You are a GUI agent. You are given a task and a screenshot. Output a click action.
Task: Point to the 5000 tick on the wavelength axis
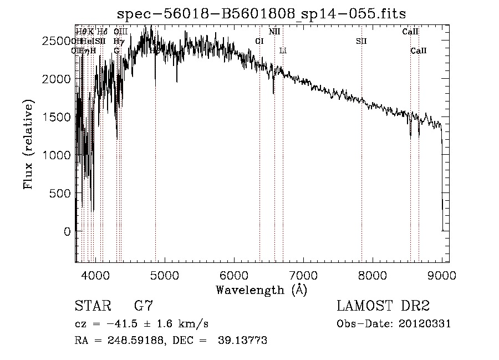tap(164, 274)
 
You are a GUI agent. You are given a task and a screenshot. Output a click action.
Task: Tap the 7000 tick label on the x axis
tap(303, 274)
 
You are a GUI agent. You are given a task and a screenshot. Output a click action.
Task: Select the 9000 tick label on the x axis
tap(442, 274)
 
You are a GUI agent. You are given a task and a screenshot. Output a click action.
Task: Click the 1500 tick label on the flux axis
tap(59, 117)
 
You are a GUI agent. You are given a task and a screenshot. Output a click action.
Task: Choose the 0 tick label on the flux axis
tap(67, 232)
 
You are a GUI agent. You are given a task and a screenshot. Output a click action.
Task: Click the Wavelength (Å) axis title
tap(261, 290)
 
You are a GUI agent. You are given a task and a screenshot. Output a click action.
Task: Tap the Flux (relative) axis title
tap(28, 144)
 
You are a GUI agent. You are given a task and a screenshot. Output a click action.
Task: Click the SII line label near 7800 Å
tap(361, 41)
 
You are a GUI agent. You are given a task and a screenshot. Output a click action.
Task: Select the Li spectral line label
tap(283, 50)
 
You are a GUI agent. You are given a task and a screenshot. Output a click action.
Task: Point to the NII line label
tap(274, 32)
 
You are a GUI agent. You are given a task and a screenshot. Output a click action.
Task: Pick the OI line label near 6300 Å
tap(259, 41)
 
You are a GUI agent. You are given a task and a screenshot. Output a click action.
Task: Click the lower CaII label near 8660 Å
tap(419, 50)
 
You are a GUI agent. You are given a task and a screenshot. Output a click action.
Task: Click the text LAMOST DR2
tap(383, 306)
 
